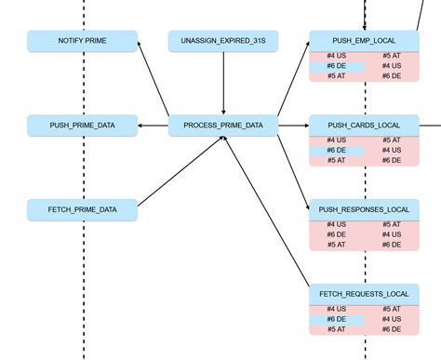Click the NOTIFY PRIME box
[82, 41]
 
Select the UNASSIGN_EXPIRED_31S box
[223, 41]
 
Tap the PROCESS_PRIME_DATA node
[223, 125]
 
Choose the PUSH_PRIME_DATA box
[82, 125]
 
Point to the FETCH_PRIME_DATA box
[82, 209]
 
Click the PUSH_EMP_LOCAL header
[364, 41]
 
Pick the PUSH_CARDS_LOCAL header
[364, 125]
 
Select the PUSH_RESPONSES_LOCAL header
[364, 209]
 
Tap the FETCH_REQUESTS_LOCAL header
[364, 294]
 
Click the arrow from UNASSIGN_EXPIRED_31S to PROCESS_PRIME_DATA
[223, 83]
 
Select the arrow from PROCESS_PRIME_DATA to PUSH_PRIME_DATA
[153, 125]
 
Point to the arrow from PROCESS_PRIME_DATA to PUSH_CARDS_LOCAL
[293, 125]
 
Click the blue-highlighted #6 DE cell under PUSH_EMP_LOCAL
[337, 66]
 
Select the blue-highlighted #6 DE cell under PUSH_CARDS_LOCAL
[337, 150]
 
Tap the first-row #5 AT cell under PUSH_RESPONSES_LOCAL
[391, 224]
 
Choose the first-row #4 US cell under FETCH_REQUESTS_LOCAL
[337, 309]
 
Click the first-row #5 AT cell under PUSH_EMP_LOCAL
[391, 56]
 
